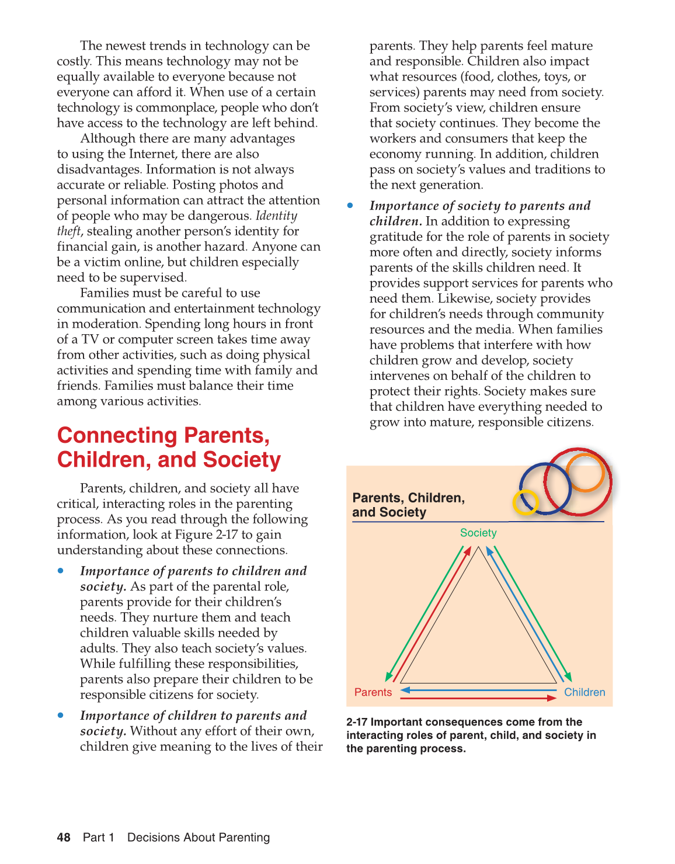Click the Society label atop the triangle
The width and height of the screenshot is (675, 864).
pos(478,533)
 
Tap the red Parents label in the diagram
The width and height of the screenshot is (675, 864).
pos(373,692)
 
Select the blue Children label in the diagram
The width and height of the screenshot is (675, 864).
pos(584,692)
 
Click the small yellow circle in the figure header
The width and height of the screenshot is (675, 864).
pos(525,502)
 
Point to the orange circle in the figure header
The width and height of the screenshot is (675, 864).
pos(584,473)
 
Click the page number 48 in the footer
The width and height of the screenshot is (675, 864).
pos(64,837)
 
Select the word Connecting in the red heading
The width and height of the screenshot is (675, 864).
pos(117,436)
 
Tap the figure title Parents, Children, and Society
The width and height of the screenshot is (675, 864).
pos(408,505)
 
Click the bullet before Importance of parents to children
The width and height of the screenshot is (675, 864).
pos(61,571)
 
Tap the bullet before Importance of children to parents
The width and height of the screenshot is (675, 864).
pos(61,715)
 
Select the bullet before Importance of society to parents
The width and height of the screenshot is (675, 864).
pos(350,206)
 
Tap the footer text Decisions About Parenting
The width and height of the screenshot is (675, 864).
pos(199,837)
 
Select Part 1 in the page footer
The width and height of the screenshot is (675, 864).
pos(98,837)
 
